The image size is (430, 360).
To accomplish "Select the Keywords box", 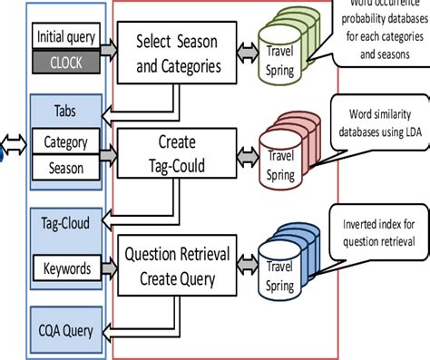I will tap(66, 268).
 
